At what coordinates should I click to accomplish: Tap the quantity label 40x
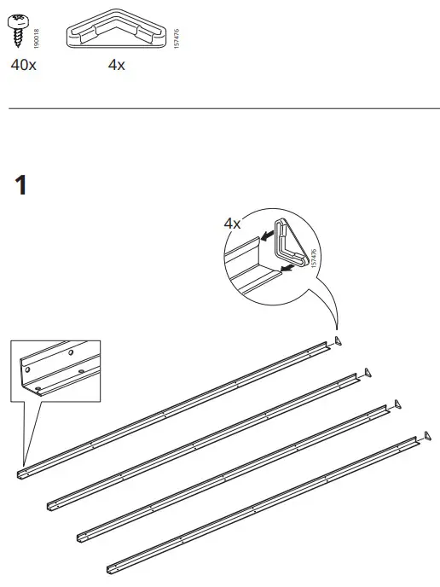click(x=24, y=66)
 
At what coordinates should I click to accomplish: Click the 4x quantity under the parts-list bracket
click(x=117, y=66)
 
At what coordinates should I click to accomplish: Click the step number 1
click(x=22, y=184)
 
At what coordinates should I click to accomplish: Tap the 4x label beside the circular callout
click(x=232, y=224)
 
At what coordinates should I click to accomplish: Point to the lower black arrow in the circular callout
click(x=290, y=268)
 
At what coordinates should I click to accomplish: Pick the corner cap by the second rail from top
click(x=368, y=372)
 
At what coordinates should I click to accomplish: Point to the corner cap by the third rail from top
click(x=397, y=402)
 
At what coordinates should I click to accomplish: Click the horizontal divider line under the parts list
click(x=220, y=109)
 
